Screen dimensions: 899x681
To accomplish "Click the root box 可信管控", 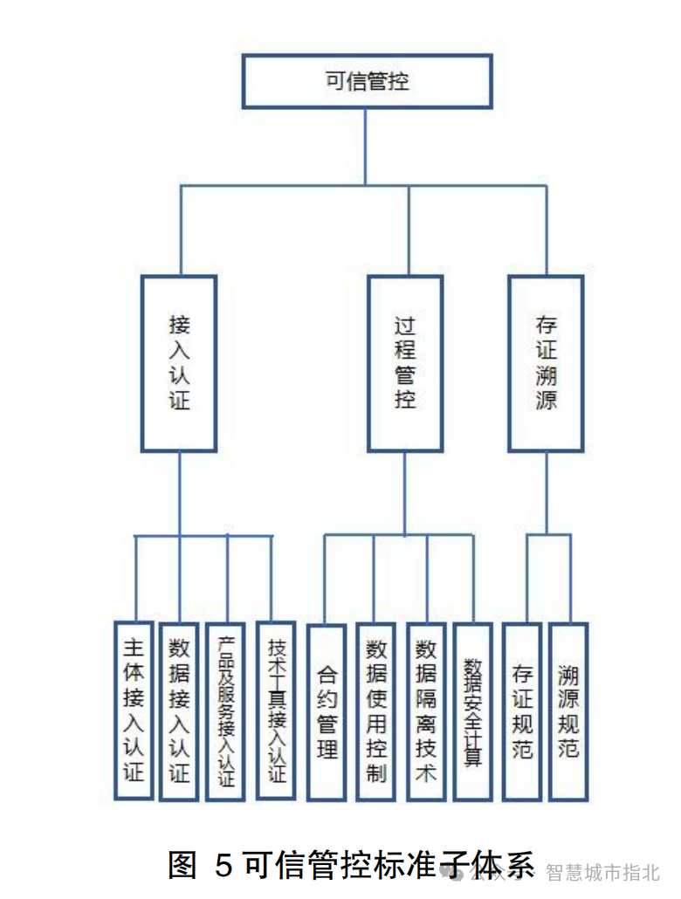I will (x=367, y=81).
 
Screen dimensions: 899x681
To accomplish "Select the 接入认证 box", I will (x=179, y=363).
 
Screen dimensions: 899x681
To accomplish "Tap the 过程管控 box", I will (x=404, y=363).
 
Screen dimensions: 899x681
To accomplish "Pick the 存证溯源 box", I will (x=547, y=363).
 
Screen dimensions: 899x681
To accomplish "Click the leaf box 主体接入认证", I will (x=134, y=710).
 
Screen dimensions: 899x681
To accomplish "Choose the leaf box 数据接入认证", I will (x=179, y=710).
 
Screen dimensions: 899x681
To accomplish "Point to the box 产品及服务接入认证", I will (x=225, y=710).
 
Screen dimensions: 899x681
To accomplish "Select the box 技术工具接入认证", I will (x=276, y=710).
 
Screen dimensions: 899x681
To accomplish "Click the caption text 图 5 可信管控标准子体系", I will (x=349, y=865).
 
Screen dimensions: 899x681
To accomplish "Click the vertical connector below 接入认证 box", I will (x=179, y=493).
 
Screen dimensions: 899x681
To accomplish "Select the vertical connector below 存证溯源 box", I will (x=547, y=493).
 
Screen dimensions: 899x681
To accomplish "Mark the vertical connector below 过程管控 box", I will (x=404, y=493).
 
